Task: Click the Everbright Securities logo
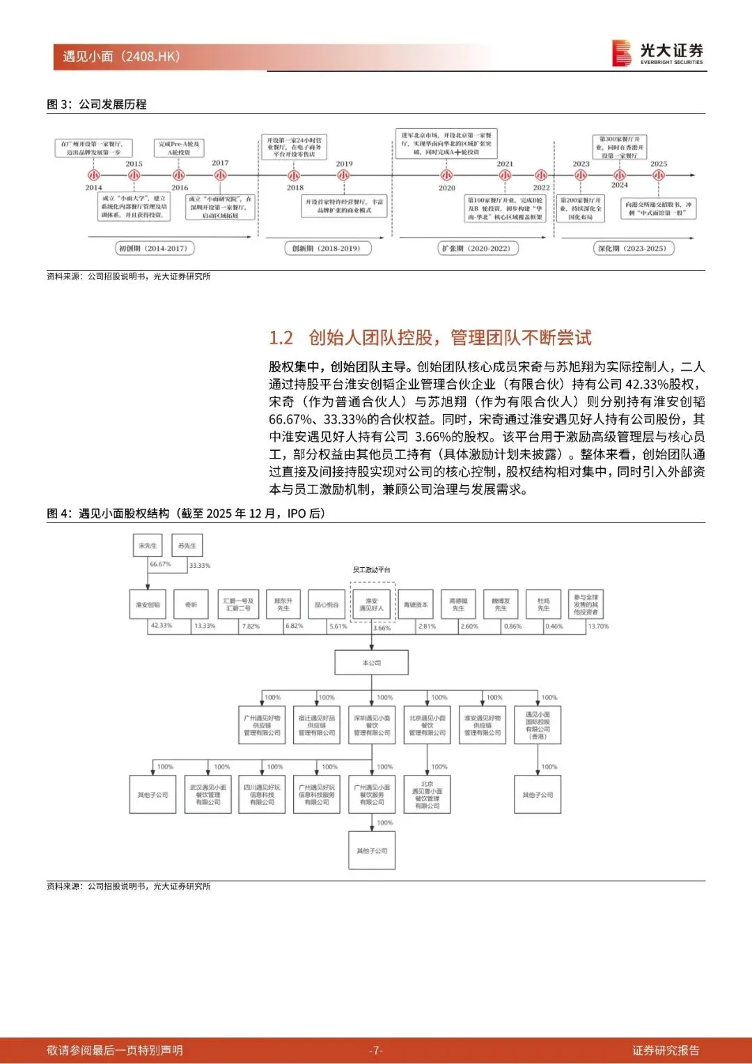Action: tap(657, 53)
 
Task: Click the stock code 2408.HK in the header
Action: tap(151, 56)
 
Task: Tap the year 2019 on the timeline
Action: tap(344, 164)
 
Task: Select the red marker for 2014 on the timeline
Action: tap(93, 176)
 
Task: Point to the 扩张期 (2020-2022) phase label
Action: tap(476, 248)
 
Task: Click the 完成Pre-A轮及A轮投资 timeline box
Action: tap(179, 148)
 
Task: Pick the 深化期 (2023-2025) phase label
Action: tap(632, 248)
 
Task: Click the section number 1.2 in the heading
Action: tap(281, 338)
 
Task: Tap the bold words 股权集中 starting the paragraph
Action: tap(294, 367)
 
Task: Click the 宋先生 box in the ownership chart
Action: tap(148, 546)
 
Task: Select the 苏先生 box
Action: tap(187, 546)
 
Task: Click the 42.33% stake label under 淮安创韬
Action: tap(162, 626)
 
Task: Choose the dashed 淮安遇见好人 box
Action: tap(372, 604)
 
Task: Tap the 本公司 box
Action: tap(372, 663)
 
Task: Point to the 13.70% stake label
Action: tap(598, 626)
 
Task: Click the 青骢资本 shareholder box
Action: tap(416, 605)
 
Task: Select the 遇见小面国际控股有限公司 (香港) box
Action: tap(538, 725)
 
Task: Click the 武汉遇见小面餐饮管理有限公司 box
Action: tap(207, 795)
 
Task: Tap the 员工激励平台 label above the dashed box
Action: tap(371, 569)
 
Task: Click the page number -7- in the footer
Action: tap(376, 1050)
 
